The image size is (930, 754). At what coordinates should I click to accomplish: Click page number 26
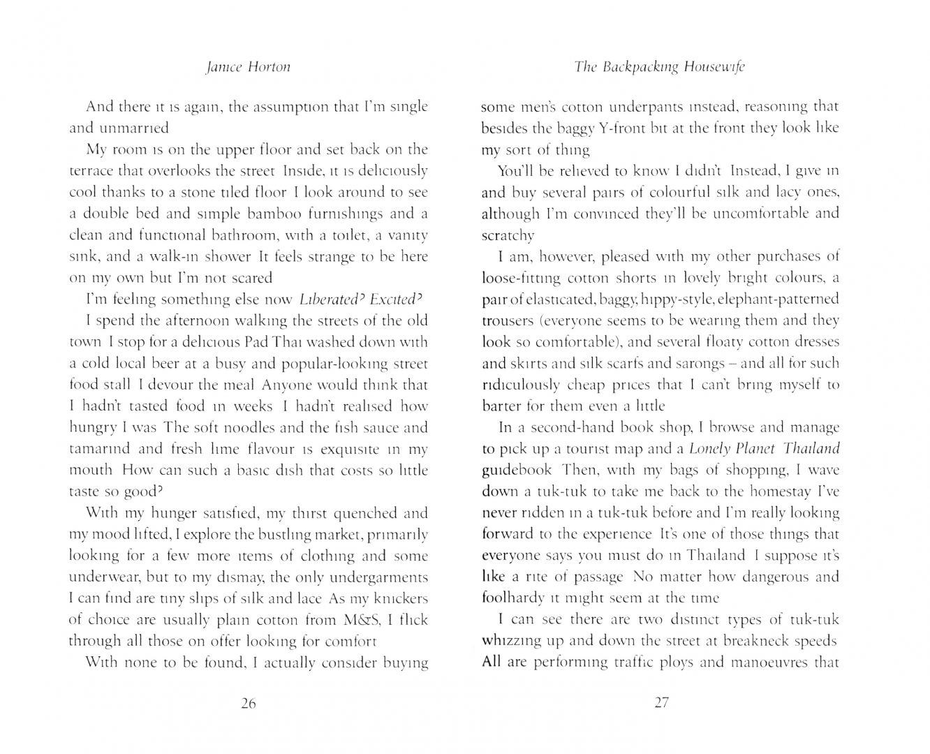[x=248, y=704]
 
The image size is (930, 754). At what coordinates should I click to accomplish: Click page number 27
[x=661, y=704]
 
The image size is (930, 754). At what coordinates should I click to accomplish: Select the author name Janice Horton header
[x=248, y=67]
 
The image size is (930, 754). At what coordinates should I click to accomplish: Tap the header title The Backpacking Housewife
[x=660, y=67]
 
